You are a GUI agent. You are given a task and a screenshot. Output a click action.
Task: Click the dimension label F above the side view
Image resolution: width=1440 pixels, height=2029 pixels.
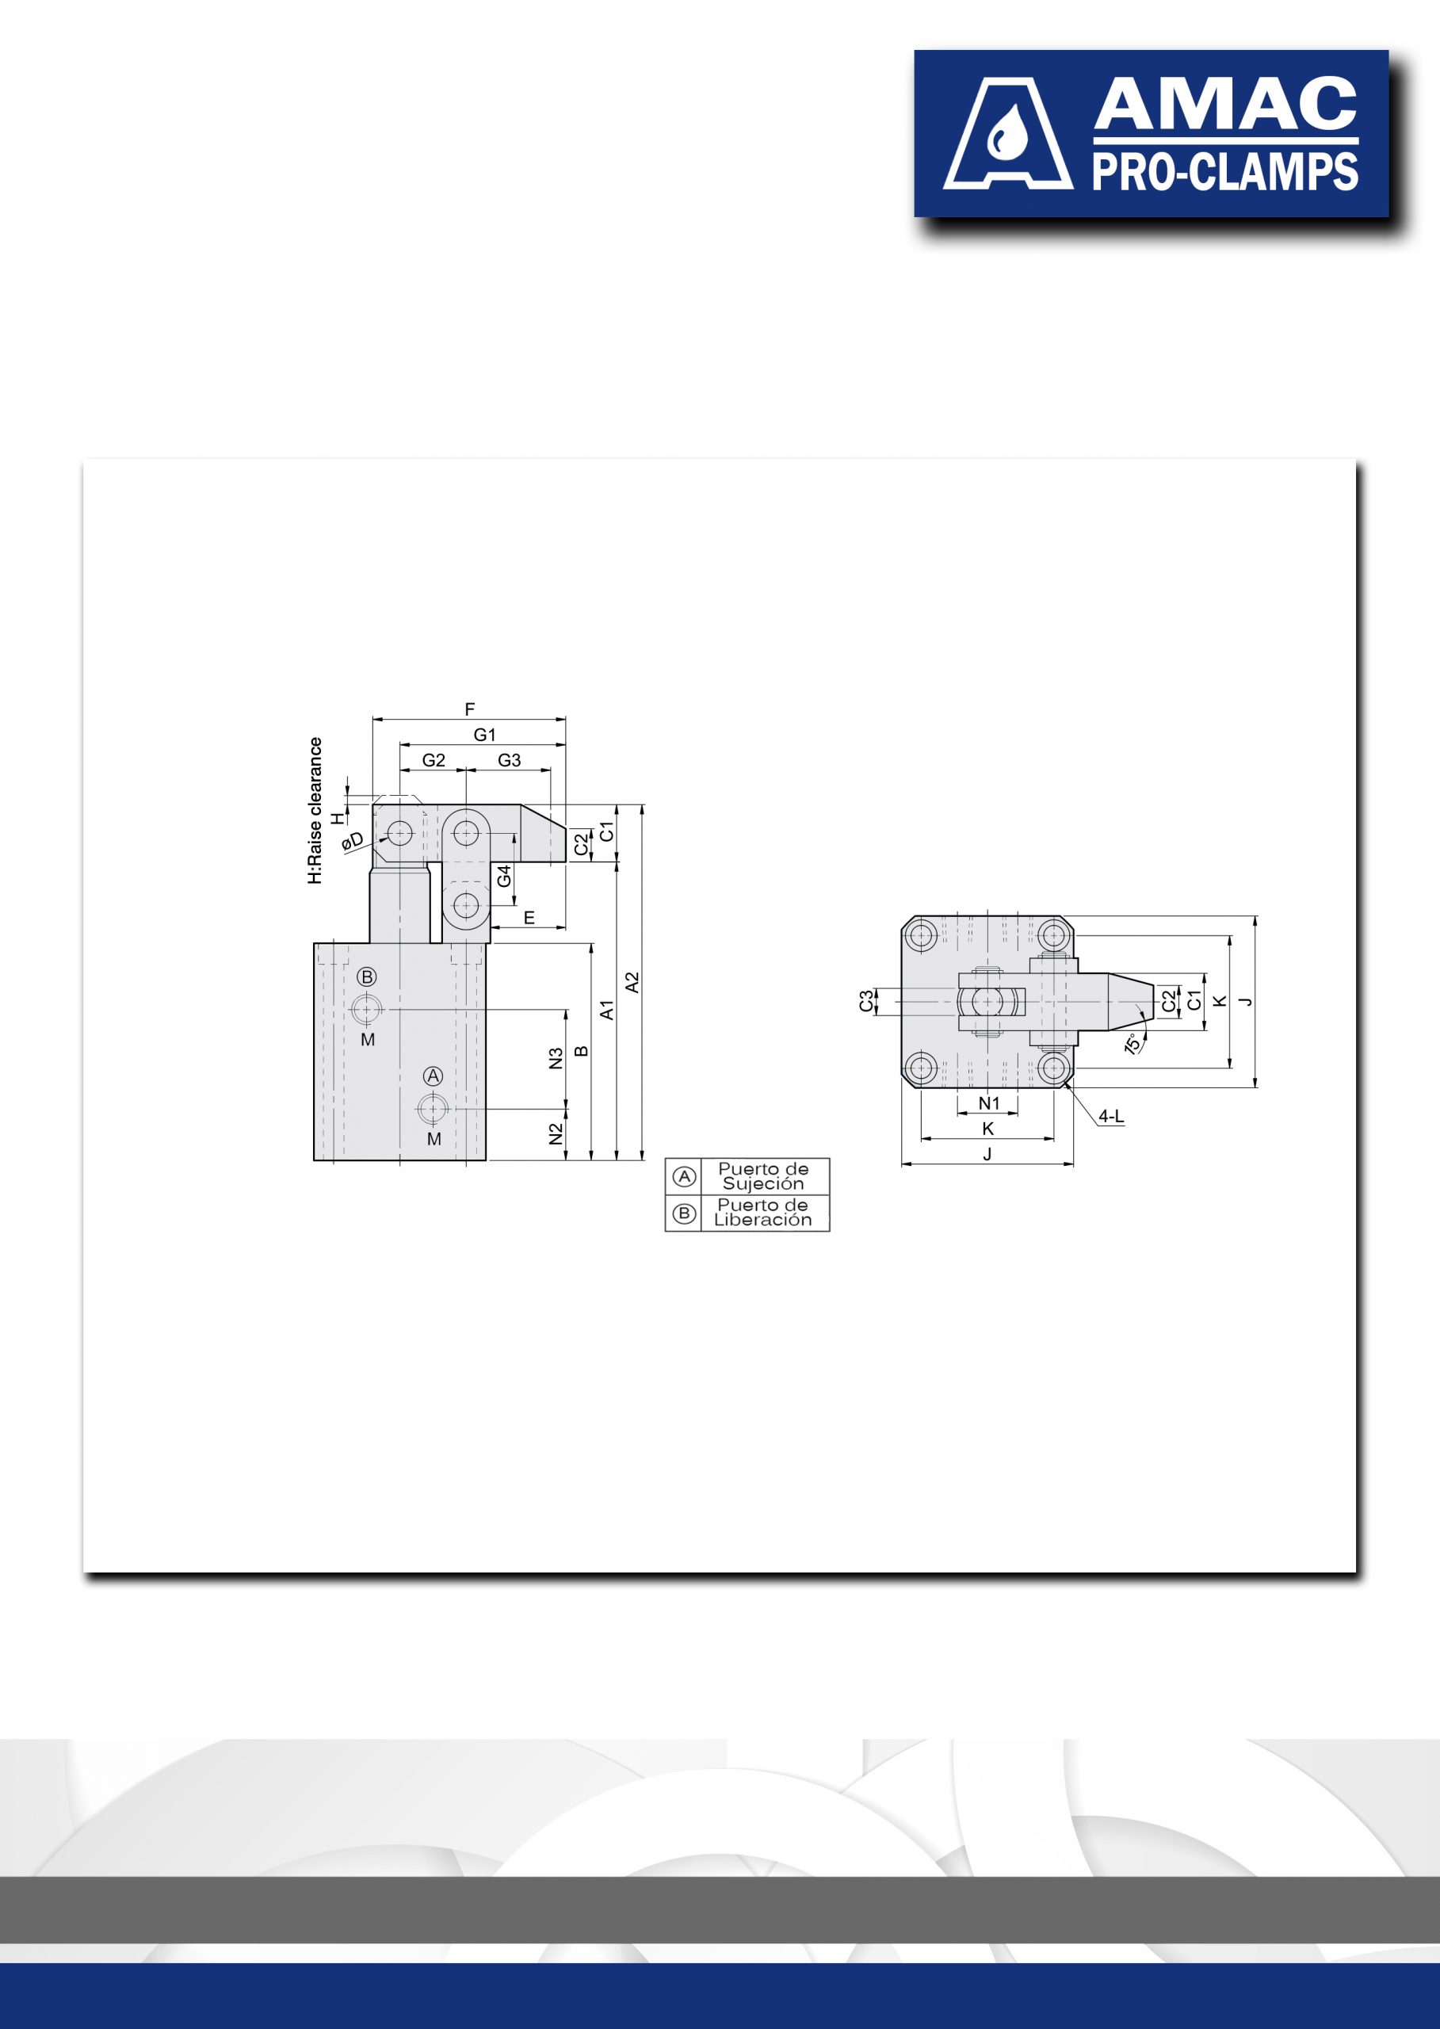click(x=470, y=709)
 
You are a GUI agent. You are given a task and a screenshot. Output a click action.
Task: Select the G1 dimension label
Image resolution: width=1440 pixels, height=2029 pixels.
click(x=484, y=734)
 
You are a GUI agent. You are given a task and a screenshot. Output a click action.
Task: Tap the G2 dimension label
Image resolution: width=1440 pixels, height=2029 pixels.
click(x=434, y=760)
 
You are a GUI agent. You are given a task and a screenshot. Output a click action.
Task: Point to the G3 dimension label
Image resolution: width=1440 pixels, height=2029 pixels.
click(x=509, y=760)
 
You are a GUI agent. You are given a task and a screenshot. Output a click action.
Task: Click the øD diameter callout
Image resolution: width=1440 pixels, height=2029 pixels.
click(x=352, y=841)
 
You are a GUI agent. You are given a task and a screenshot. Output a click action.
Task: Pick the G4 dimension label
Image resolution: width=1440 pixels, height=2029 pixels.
click(x=504, y=875)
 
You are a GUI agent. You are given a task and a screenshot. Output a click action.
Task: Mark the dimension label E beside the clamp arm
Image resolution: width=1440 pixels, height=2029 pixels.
click(x=529, y=918)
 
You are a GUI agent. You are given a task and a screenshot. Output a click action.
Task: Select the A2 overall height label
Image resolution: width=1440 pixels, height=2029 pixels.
click(x=632, y=983)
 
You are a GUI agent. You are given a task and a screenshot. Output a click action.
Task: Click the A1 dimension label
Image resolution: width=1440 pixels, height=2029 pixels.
click(x=606, y=1010)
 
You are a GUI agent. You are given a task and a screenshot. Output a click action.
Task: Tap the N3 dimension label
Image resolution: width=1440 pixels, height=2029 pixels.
click(x=556, y=1059)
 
